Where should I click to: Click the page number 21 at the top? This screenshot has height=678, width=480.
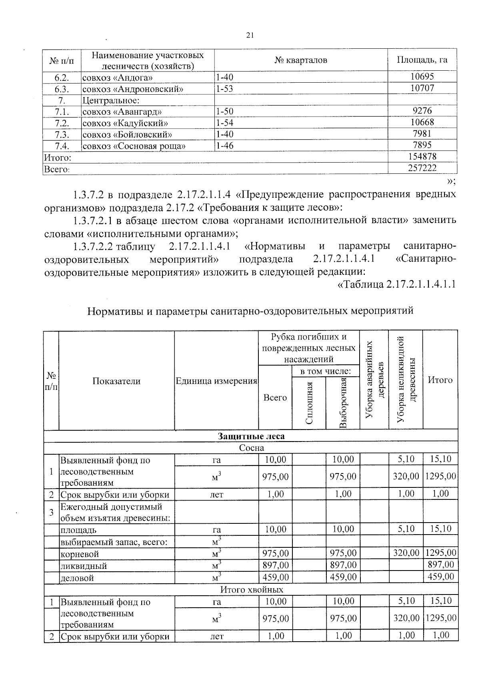pos(250,36)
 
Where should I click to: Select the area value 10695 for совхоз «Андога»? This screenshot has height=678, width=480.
pos(422,77)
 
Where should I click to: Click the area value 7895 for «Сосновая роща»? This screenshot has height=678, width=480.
pos(422,145)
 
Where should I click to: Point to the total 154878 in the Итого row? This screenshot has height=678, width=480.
pos(422,157)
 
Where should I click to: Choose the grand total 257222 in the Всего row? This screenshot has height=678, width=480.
pos(422,168)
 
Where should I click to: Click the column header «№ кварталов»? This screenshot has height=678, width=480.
pos(301,60)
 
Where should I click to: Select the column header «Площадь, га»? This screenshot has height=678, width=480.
pos(422,60)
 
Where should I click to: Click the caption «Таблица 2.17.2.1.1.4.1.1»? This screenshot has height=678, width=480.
pos(397,284)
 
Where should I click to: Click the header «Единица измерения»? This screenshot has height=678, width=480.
pos(216,381)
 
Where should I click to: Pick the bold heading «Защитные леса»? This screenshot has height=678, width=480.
pos(251,436)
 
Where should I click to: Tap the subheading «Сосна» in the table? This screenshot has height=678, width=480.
pos(251,448)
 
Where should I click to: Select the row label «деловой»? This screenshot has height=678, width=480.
pos(77,578)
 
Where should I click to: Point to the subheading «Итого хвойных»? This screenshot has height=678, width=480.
pos(252,590)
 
